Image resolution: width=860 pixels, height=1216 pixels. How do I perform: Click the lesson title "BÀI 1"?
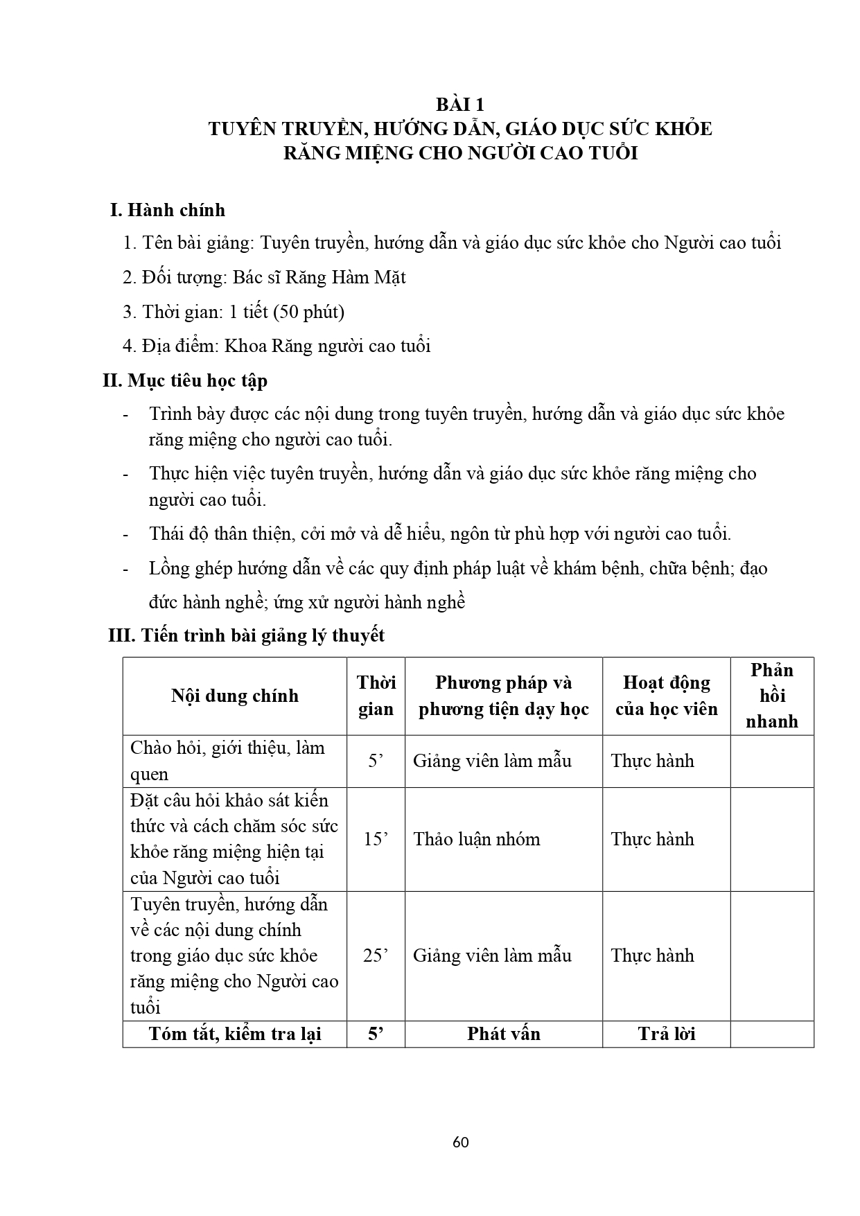point(459,105)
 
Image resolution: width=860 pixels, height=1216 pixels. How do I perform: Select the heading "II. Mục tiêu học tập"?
point(185,380)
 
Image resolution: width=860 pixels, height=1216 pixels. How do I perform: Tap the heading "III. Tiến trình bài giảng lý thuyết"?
point(246,635)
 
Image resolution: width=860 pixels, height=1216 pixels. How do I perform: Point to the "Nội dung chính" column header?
point(234,696)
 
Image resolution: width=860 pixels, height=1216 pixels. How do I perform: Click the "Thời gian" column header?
point(376,696)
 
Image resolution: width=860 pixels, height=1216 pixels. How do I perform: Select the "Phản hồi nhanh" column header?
point(771,696)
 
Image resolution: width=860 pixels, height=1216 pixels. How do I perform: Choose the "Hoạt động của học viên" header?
point(666,696)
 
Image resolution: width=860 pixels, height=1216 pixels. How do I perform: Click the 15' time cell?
point(376,839)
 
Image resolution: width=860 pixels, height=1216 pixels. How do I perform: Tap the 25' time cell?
point(376,955)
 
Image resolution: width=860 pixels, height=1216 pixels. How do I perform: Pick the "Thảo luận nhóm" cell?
point(477,839)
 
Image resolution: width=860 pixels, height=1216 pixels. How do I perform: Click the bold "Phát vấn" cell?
point(503,1034)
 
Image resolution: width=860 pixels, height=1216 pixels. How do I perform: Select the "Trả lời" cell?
point(666,1034)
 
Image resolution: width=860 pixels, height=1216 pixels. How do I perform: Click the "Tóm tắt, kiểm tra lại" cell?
point(234,1034)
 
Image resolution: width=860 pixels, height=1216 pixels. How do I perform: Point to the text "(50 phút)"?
point(308,312)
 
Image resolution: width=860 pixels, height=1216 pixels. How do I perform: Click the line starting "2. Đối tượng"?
point(264,278)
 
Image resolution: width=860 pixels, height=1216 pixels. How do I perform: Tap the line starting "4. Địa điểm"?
point(277,346)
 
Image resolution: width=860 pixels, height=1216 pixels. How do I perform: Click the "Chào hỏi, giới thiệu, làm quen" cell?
point(227,761)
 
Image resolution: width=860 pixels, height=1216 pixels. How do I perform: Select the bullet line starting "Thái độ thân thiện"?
point(440,534)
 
